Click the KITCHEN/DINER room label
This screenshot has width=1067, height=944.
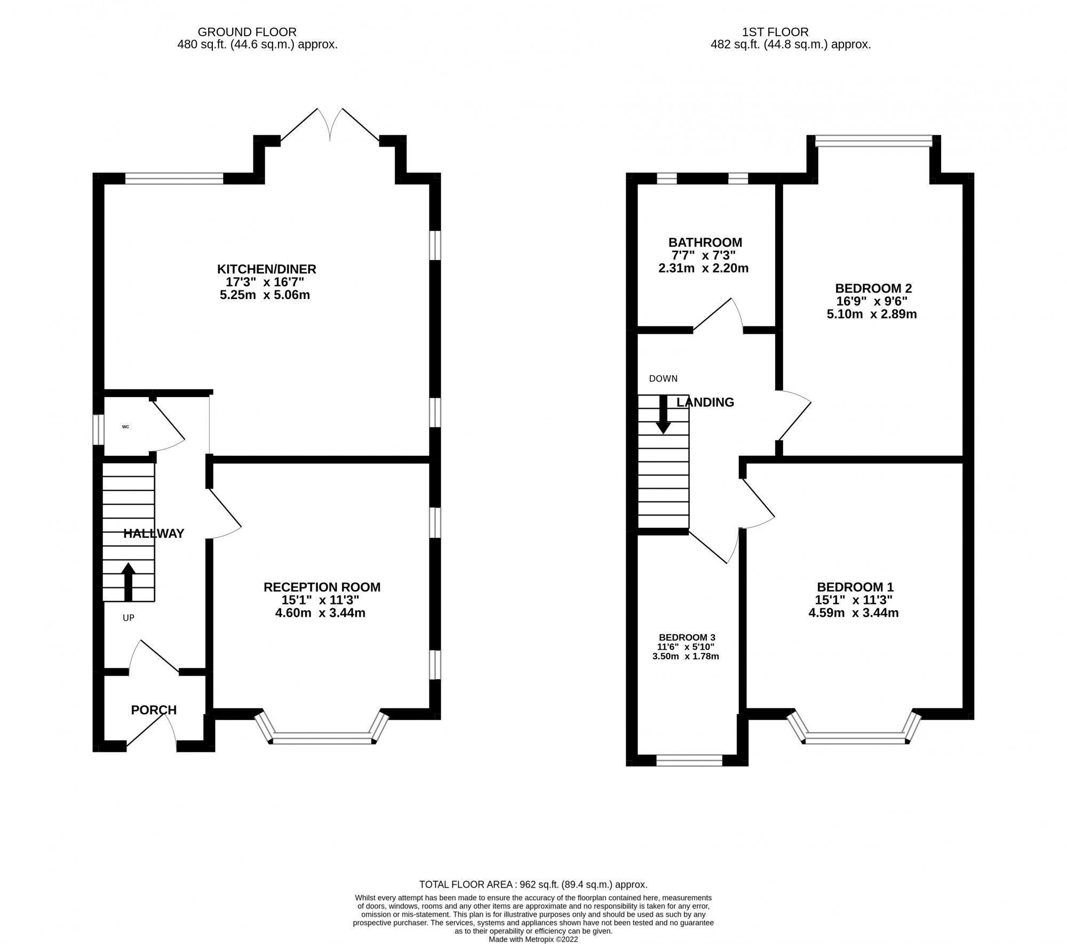pos(266,269)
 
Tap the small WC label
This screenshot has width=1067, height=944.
pos(126,427)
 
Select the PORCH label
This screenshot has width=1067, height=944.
pos(154,710)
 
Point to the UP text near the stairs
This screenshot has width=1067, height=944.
pos(129,618)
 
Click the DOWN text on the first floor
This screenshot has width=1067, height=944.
pos(663,378)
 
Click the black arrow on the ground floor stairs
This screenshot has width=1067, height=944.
pos(129,582)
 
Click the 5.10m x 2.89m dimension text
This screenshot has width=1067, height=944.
pos(872,314)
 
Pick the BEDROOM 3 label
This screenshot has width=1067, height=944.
pos(687,638)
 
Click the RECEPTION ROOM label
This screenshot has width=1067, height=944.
pos(322,587)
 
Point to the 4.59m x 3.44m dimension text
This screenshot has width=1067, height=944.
pos(854,613)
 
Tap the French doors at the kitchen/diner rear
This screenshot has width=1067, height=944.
pos(330,125)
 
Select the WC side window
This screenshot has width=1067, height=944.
pos(99,429)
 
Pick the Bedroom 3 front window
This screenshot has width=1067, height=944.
pos(689,760)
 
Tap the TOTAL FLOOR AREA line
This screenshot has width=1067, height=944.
pos(533,884)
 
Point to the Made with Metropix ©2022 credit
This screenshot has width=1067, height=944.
pos(533,939)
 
